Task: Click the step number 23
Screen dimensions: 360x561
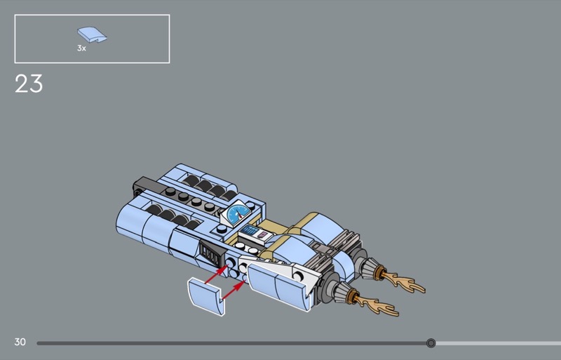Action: pos(29,84)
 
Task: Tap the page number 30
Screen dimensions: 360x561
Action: pos(20,342)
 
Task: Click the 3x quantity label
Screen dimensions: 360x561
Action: pos(81,48)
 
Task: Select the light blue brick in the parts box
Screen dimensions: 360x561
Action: pos(92,35)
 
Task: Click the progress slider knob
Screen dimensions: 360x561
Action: pos(431,343)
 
